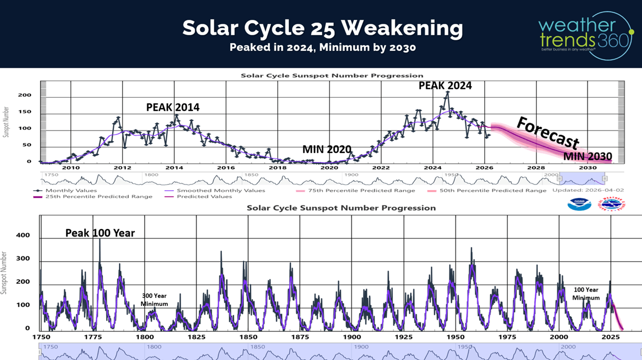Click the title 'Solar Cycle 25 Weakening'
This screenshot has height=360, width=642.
(x=322, y=28)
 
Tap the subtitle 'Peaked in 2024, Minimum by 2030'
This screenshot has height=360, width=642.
(x=322, y=48)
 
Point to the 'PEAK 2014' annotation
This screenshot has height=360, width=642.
(x=173, y=107)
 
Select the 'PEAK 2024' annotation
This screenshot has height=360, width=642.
(x=445, y=85)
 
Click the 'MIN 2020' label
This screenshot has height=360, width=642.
(x=327, y=150)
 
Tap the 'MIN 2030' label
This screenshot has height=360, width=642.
(x=587, y=156)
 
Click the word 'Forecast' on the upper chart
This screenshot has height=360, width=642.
(x=547, y=132)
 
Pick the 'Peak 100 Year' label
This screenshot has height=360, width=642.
(x=100, y=233)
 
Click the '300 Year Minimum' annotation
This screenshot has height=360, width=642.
(x=154, y=300)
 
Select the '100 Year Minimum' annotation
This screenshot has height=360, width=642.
(x=586, y=294)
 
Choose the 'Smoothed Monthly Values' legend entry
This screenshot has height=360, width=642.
(x=221, y=191)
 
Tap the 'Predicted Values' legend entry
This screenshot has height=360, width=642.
(x=204, y=197)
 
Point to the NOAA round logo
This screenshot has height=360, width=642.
(x=579, y=204)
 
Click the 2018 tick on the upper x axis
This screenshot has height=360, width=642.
(x=278, y=168)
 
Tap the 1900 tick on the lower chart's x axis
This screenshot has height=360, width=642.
(x=352, y=337)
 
